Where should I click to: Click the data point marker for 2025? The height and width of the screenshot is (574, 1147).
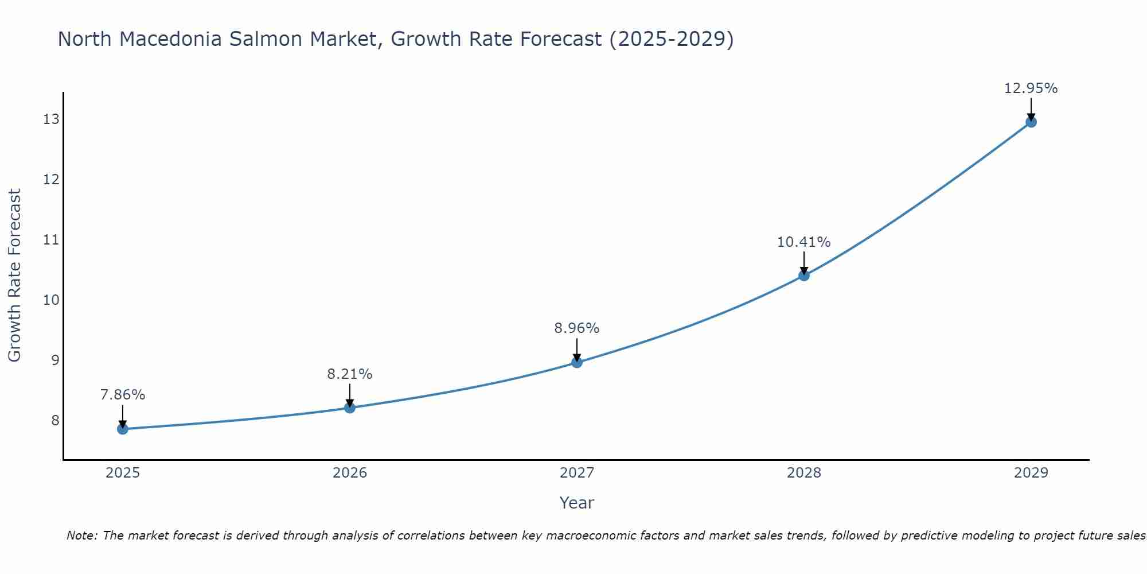coord(123,429)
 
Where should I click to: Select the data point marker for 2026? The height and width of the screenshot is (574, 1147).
coord(350,408)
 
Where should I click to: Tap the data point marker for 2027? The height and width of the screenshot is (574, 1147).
coord(577,362)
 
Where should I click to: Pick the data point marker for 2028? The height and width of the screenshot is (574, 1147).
coord(804,276)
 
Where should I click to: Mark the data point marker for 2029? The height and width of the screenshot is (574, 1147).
coord(1031,122)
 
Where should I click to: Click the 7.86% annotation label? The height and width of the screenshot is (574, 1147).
coord(123,395)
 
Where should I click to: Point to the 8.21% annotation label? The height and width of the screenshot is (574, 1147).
coord(350,374)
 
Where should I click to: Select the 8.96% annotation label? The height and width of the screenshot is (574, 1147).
coord(577,328)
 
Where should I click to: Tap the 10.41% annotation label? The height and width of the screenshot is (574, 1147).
coord(804,242)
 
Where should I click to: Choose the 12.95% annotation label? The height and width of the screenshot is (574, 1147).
coord(1031,88)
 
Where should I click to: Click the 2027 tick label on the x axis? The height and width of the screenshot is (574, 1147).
coord(577,473)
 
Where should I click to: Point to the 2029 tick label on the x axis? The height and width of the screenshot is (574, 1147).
coord(1031,473)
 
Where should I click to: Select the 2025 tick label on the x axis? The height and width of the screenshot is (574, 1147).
coord(123,473)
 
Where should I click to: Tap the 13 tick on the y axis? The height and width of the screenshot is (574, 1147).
coord(51,119)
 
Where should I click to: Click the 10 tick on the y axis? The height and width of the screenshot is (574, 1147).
coord(51,300)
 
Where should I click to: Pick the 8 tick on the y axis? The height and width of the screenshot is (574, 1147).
coord(55,420)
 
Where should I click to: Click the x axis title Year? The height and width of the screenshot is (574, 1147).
coord(577,503)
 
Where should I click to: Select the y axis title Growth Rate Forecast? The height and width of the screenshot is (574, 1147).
coord(14,276)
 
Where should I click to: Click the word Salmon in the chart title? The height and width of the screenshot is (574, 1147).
coord(268,39)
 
